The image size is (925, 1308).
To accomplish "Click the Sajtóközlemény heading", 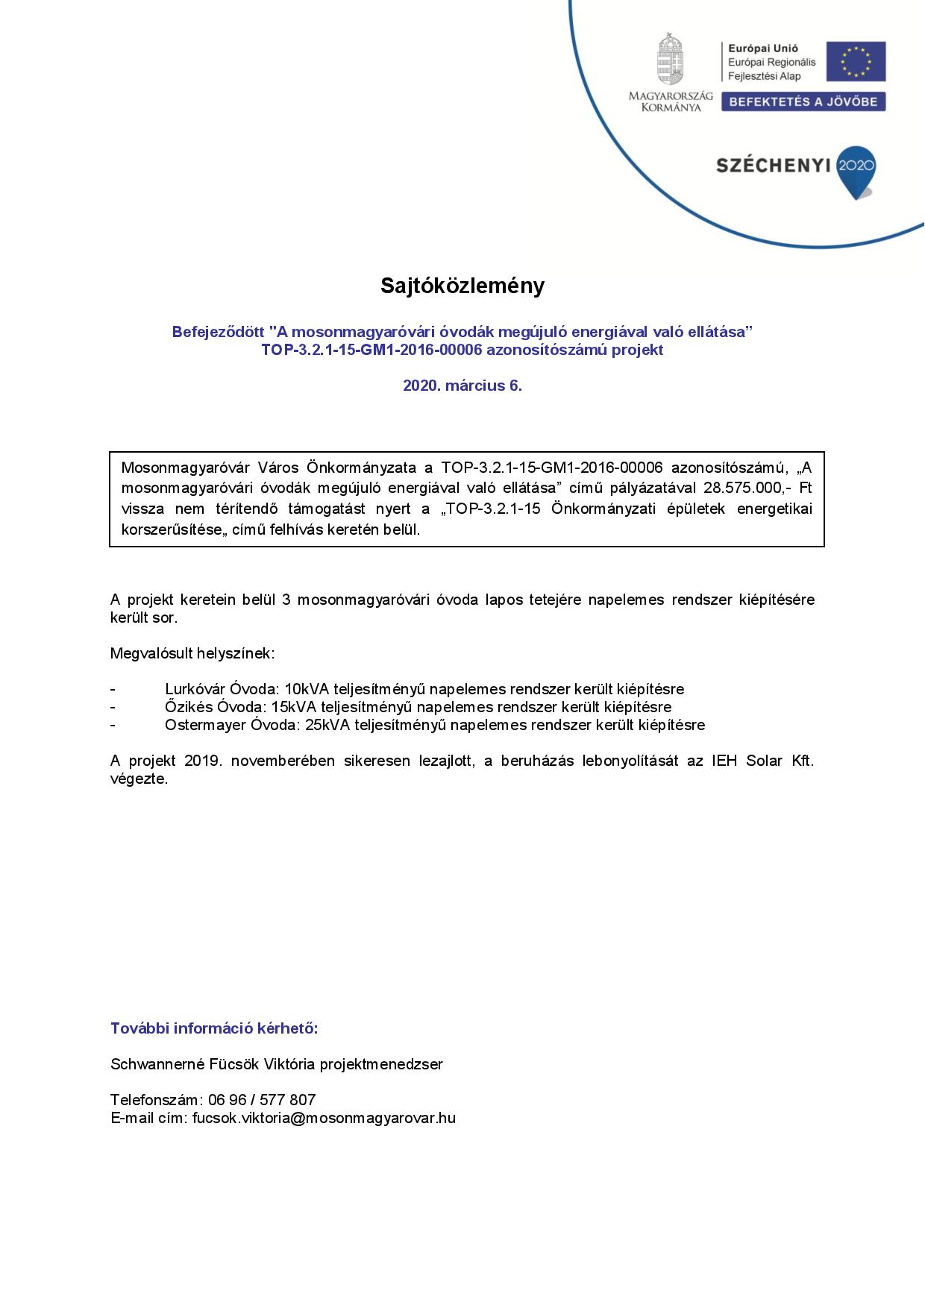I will click(462, 286).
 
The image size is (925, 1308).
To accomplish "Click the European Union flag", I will click(856, 62).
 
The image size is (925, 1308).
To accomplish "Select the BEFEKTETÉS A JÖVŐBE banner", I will click(803, 101).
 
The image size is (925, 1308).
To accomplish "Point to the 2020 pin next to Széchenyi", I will click(856, 169).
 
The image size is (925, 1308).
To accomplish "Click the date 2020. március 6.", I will click(462, 386).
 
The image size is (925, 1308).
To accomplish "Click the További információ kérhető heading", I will click(214, 1028).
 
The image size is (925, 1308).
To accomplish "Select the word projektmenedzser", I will click(381, 1064).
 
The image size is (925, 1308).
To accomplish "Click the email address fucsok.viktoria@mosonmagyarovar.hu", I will click(324, 1118).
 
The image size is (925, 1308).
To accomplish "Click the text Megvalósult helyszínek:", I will click(192, 654).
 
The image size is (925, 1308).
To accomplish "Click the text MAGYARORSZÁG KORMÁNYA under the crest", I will click(670, 101).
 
